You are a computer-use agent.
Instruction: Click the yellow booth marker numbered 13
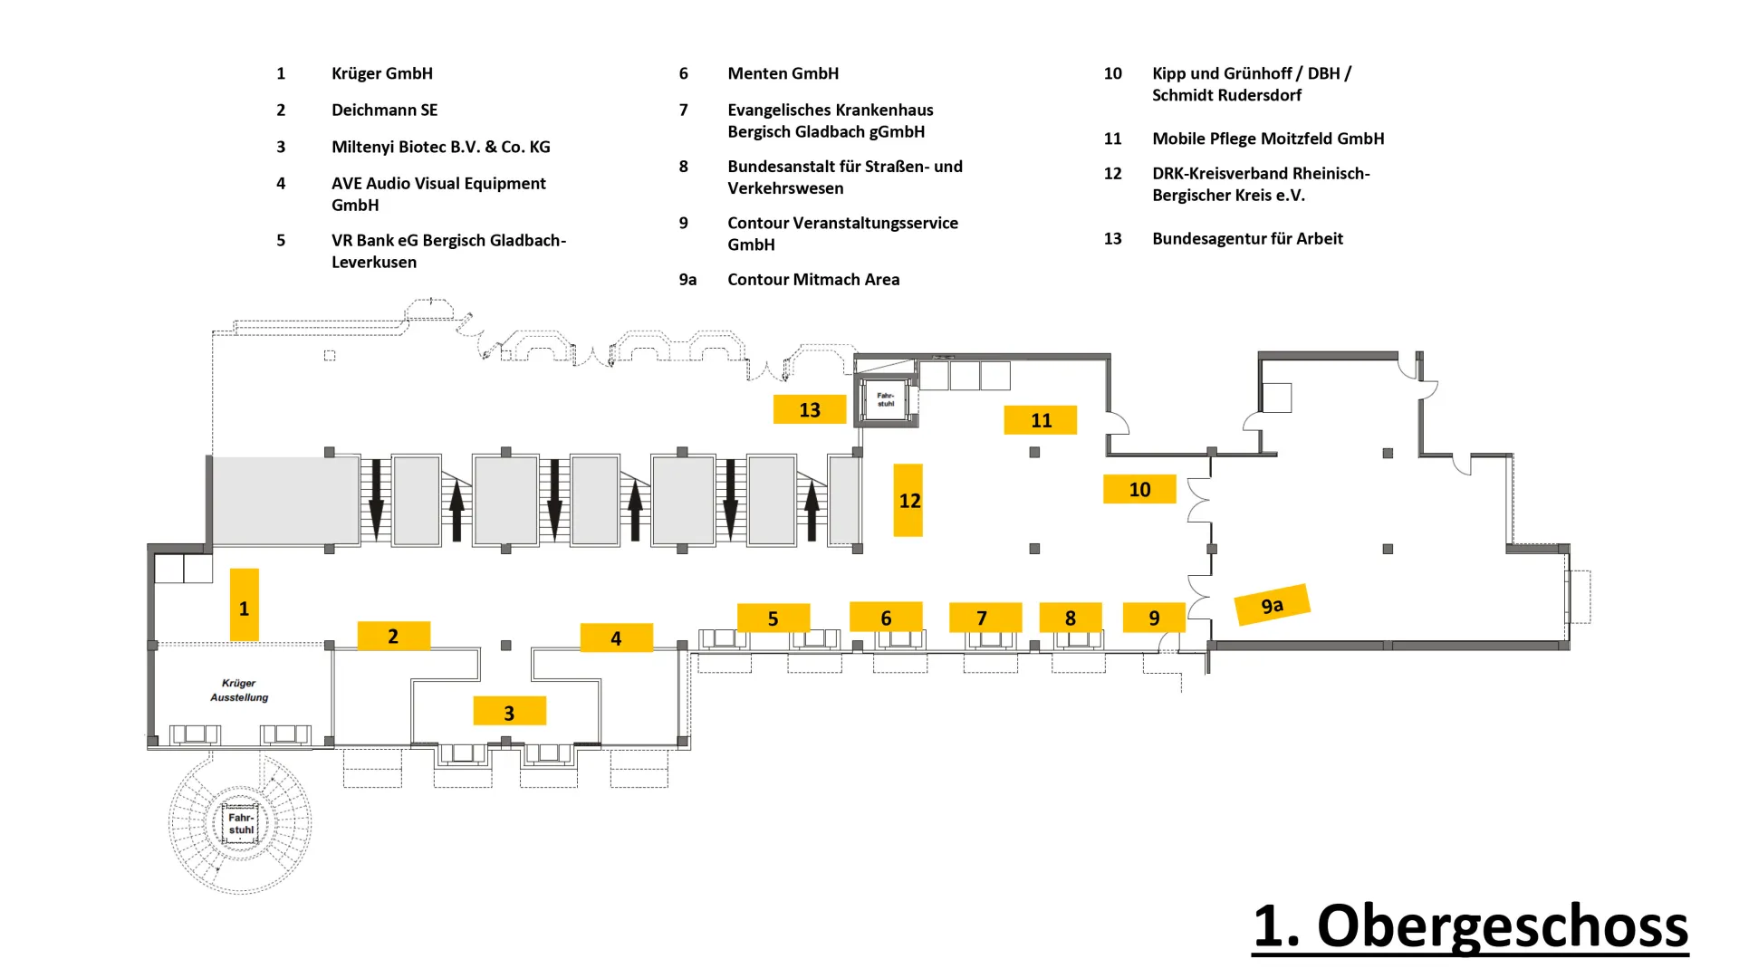point(810,409)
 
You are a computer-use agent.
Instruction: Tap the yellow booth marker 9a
point(1273,604)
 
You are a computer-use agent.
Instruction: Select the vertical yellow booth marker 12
point(908,500)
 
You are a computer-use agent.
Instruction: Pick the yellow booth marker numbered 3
point(509,711)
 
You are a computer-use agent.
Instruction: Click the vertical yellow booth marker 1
point(245,605)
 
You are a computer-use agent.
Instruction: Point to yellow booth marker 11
point(1041,420)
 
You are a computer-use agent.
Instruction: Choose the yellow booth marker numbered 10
point(1139,489)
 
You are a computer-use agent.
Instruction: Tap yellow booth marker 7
point(985,618)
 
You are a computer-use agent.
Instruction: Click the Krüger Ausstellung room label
point(239,690)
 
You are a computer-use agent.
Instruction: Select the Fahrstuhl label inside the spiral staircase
point(241,823)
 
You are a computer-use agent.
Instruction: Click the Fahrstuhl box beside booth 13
point(886,399)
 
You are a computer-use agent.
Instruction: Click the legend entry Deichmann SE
point(384,110)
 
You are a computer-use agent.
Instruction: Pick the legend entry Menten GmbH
point(783,73)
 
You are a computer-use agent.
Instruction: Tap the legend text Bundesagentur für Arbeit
point(1247,238)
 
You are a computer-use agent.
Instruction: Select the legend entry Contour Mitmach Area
point(813,279)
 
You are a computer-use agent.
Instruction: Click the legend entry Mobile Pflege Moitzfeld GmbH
point(1268,139)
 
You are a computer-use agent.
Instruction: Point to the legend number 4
point(281,183)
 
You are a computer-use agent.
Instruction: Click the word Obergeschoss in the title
point(1503,925)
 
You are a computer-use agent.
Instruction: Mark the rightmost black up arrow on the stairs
point(812,511)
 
